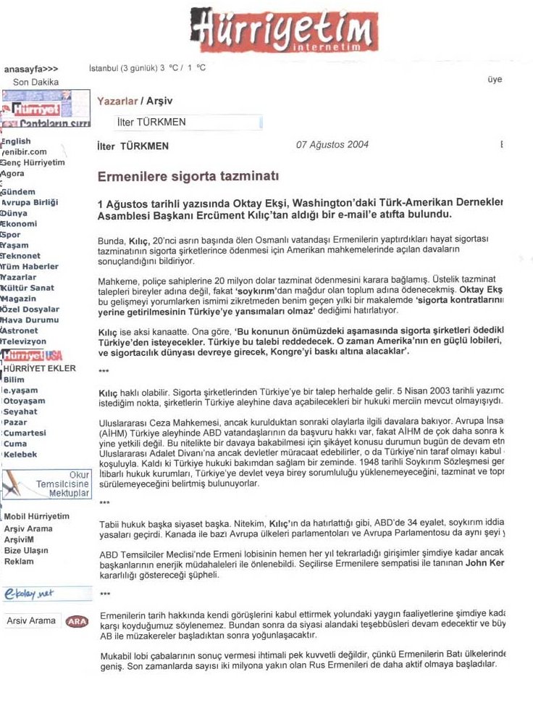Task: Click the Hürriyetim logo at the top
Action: coord(284,30)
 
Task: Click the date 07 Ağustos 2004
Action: coord(332,144)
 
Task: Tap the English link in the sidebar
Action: coord(17,141)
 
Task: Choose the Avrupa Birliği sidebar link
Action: coord(30,203)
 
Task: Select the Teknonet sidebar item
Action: coord(21,257)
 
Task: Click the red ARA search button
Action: coord(77,621)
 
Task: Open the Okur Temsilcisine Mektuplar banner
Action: coord(46,483)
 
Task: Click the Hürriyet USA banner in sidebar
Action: coord(32,356)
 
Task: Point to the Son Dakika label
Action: coord(35,82)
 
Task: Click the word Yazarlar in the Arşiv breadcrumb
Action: coord(117,101)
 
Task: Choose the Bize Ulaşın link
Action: coord(26,550)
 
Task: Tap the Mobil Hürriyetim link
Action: coord(37,516)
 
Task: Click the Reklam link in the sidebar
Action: coord(19,561)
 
